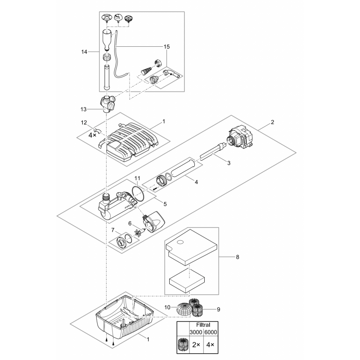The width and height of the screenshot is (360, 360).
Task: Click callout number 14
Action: (x=84, y=52)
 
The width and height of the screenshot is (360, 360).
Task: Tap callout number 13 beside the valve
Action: (x=84, y=109)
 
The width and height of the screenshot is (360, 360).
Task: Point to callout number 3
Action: (x=229, y=163)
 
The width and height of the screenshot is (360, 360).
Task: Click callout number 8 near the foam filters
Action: (x=238, y=257)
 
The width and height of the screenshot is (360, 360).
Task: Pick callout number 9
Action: (x=219, y=309)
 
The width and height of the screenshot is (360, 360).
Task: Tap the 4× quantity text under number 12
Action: (x=92, y=135)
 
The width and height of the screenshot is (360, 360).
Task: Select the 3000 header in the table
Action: (x=196, y=332)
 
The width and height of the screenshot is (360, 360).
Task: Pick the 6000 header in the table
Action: (x=210, y=332)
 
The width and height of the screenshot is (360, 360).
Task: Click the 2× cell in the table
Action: (x=196, y=346)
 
